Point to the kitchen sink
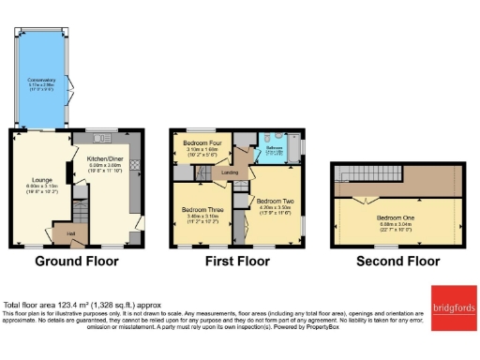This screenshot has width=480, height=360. tap(99, 134)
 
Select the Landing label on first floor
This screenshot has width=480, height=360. tap(228, 172)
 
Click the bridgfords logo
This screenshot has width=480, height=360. tap(454, 307)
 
